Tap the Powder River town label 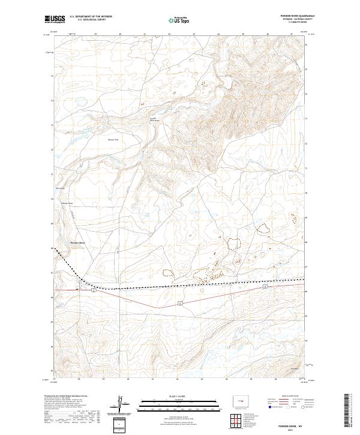pyautogui.click(x=79, y=242)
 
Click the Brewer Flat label pyautogui.click(x=113, y=140)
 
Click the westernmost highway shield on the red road pyautogui.click(x=94, y=291)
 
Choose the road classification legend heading pyautogui.click(x=287, y=397)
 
